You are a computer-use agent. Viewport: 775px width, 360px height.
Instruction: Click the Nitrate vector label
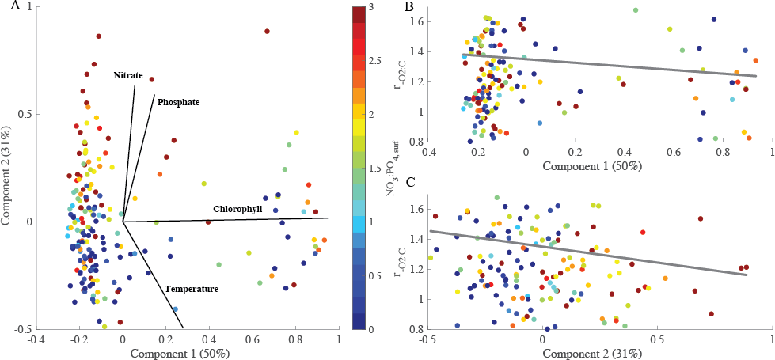pos(127,75)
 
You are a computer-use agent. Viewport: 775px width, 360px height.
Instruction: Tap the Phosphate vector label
pos(178,103)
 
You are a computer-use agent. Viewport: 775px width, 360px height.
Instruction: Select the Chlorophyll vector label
pos(237,209)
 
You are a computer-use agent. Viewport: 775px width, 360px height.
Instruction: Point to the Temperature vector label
pos(192,290)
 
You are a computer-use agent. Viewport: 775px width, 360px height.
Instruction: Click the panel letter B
pos(409,6)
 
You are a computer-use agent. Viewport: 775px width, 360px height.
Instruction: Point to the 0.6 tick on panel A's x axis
pos(253,339)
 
